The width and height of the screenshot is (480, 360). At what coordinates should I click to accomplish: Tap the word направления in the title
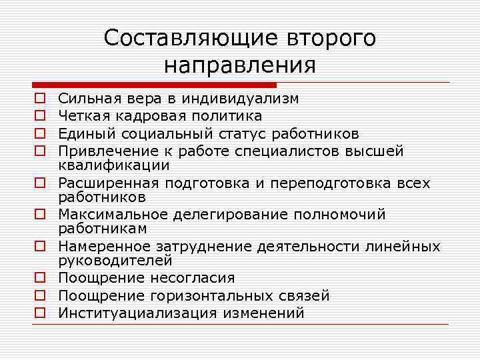pyautogui.click(x=239, y=65)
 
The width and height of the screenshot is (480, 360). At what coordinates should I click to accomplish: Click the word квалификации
pyautogui.click(x=113, y=164)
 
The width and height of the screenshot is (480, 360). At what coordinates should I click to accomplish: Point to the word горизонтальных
pyautogui.click(x=221, y=295)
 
